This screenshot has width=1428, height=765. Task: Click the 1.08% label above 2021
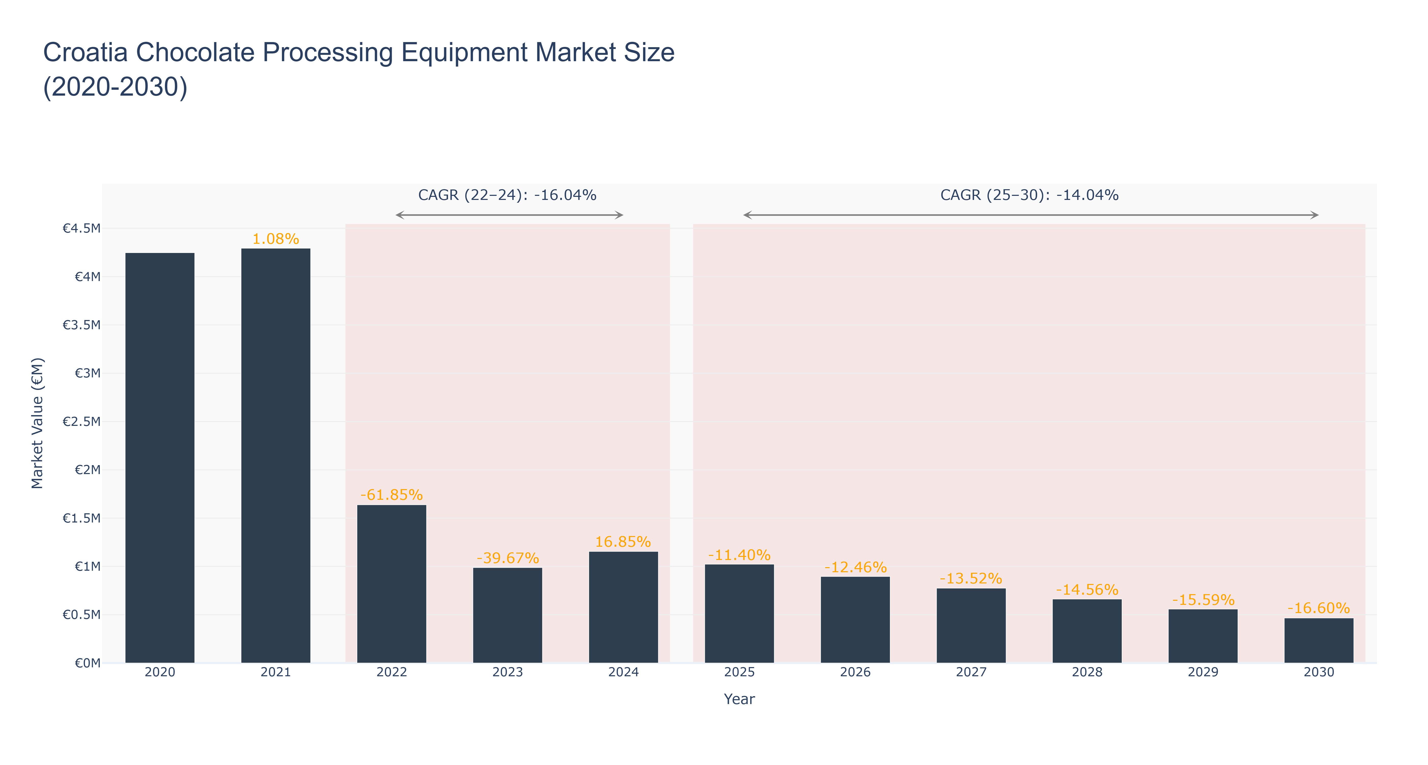coord(275,239)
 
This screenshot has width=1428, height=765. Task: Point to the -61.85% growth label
coord(391,494)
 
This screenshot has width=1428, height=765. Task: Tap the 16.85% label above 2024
coord(623,542)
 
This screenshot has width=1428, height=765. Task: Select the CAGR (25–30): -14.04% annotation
coord(1029,195)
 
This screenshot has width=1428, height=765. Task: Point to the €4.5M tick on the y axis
coord(82,228)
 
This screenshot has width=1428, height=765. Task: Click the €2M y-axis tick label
coord(87,470)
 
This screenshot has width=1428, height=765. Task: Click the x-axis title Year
coord(739,699)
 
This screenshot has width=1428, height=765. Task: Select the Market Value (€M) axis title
coord(37,423)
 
